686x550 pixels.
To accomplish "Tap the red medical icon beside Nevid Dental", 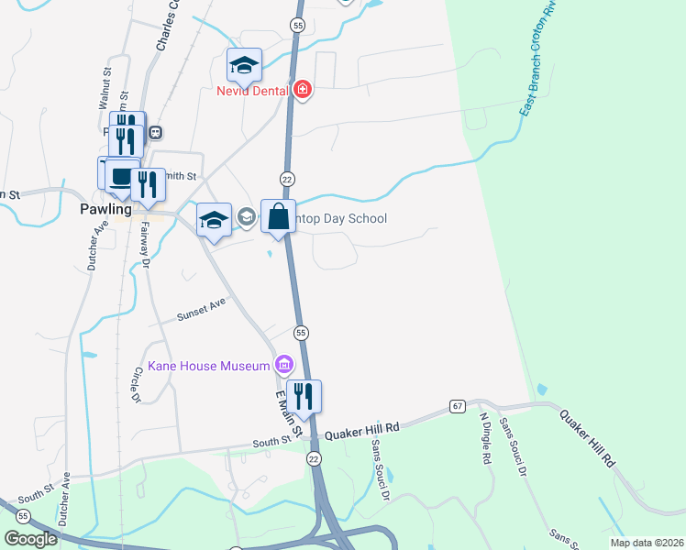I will [x=302, y=90].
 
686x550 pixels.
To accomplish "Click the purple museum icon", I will [x=283, y=367].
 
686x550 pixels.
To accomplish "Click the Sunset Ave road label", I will [x=202, y=309].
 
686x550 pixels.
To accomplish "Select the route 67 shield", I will [x=457, y=405].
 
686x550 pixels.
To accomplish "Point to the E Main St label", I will [x=290, y=412].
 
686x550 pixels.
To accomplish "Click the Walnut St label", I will [x=105, y=82].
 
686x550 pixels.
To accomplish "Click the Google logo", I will [x=31, y=539].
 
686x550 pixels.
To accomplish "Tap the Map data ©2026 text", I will [x=646, y=543].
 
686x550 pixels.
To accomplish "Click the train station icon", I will [x=156, y=132].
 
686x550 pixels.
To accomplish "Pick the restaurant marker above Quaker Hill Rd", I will [x=304, y=396].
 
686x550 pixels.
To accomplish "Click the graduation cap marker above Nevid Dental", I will [x=244, y=64].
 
